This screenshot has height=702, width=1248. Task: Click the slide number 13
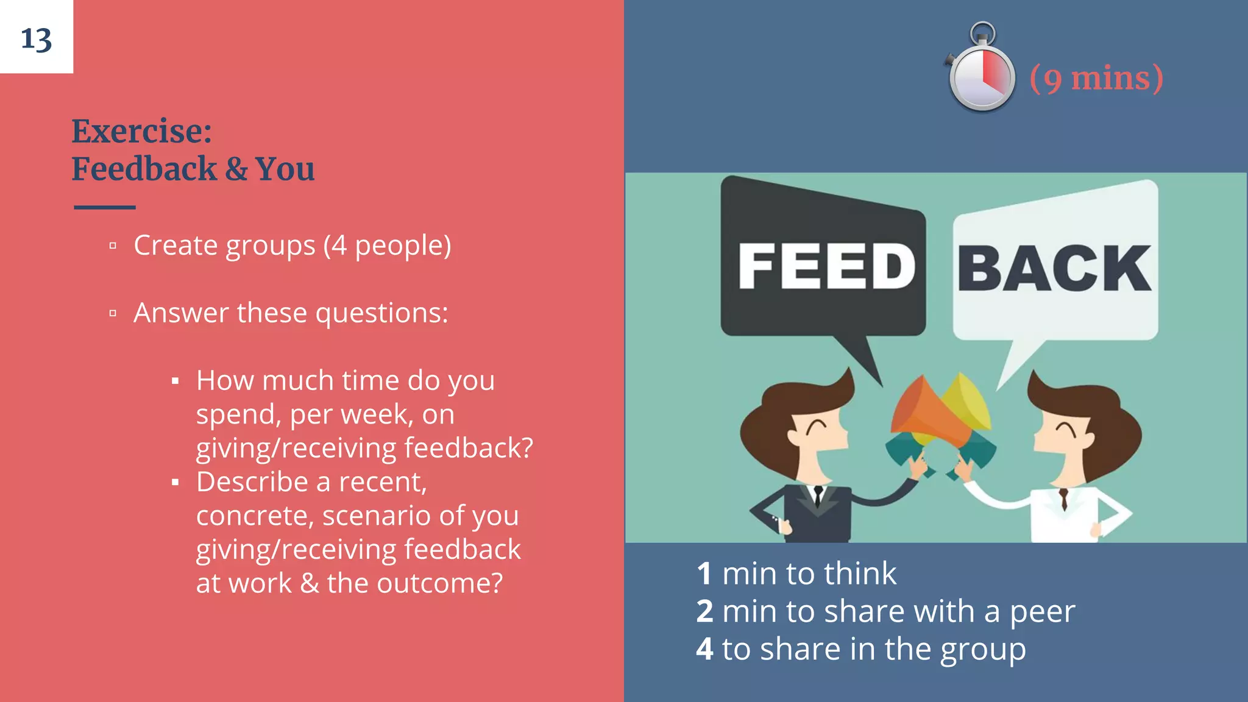pos(36,40)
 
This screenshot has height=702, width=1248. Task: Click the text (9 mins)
pos(1096,79)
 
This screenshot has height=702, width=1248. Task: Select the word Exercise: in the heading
pos(142,131)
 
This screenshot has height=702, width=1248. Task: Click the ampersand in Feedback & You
pos(236,169)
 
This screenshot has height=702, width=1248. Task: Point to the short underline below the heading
pos(105,207)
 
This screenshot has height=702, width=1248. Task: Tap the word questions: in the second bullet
pos(381,313)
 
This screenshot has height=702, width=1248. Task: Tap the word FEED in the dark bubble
pos(826,266)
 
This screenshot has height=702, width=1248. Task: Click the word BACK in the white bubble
pos(1054,269)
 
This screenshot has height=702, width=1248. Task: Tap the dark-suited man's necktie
pos(818,495)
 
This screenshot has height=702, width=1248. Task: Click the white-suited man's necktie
pos(1063,498)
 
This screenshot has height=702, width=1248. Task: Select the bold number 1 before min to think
pos(704,574)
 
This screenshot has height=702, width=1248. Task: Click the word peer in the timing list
pos(1042,612)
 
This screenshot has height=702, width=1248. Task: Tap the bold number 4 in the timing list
pos(704,650)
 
